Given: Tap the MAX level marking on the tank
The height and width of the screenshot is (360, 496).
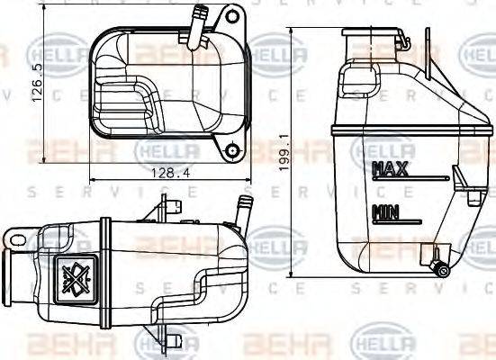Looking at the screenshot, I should click(390, 168).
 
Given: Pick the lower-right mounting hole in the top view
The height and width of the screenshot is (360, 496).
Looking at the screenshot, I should click(232, 150).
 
